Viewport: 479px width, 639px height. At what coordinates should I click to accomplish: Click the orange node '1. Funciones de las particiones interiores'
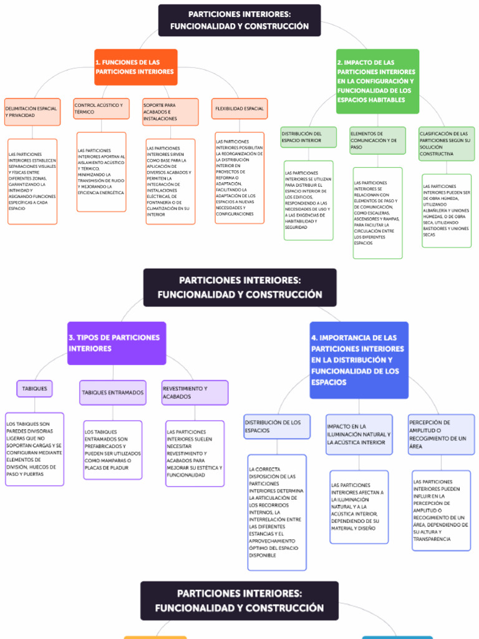tap(135, 67)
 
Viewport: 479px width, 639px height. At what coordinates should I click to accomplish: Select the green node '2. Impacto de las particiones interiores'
tap(377, 81)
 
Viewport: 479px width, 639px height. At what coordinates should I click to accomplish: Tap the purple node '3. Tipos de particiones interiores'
tap(117, 343)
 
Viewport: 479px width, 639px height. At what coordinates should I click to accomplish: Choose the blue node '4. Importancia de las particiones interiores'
tap(359, 359)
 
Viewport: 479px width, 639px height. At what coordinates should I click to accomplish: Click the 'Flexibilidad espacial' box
tap(239, 109)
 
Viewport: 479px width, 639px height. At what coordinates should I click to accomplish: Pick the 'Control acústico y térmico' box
tap(101, 109)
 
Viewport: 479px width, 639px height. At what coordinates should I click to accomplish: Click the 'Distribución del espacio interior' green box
tap(309, 137)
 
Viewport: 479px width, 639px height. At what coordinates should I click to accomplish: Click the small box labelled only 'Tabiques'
tap(34, 389)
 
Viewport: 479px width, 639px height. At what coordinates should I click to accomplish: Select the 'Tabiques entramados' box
tap(113, 393)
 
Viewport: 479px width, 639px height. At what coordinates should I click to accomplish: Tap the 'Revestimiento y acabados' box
tap(195, 393)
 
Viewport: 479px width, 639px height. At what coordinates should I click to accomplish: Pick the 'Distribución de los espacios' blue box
tap(277, 426)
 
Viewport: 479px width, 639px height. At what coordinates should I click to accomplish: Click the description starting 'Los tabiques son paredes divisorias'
tap(34, 449)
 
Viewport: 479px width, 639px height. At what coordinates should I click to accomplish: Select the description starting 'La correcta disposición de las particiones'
tap(277, 512)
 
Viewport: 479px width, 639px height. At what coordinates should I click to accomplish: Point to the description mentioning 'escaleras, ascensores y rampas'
tap(377, 212)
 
